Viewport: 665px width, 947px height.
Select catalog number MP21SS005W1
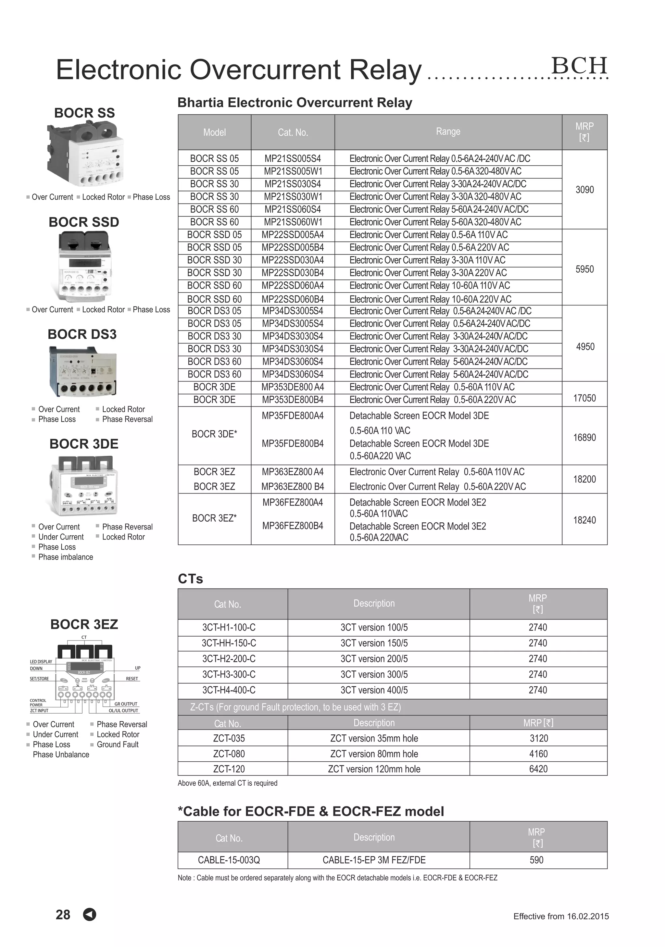pyautogui.click(x=293, y=171)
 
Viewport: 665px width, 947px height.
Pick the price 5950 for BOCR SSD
pyautogui.click(x=584, y=269)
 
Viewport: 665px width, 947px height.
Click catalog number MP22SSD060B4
pyautogui.click(x=293, y=299)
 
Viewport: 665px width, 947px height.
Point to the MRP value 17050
pyautogui.click(x=584, y=398)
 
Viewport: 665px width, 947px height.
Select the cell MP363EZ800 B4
pyautogui.click(x=293, y=487)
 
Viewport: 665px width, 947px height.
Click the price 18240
pyautogui.click(x=584, y=520)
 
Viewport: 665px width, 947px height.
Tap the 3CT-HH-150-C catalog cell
pyautogui.click(x=229, y=643)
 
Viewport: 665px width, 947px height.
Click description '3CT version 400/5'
pyautogui.click(x=374, y=690)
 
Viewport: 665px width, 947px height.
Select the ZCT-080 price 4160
pyautogui.click(x=538, y=754)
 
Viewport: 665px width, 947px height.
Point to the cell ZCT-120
pyautogui.click(x=229, y=769)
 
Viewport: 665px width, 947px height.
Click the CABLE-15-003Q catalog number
pyautogui.click(x=229, y=860)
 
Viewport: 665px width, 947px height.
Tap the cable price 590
pyautogui.click(x=536, y=860)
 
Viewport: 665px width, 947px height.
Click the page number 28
pyautogui.click(x=63, y=915)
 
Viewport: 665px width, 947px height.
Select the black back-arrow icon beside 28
pyautogui.click(x=90, y=915)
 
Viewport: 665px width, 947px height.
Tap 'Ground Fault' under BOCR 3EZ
pyautogui.click(x=117, y=744)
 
